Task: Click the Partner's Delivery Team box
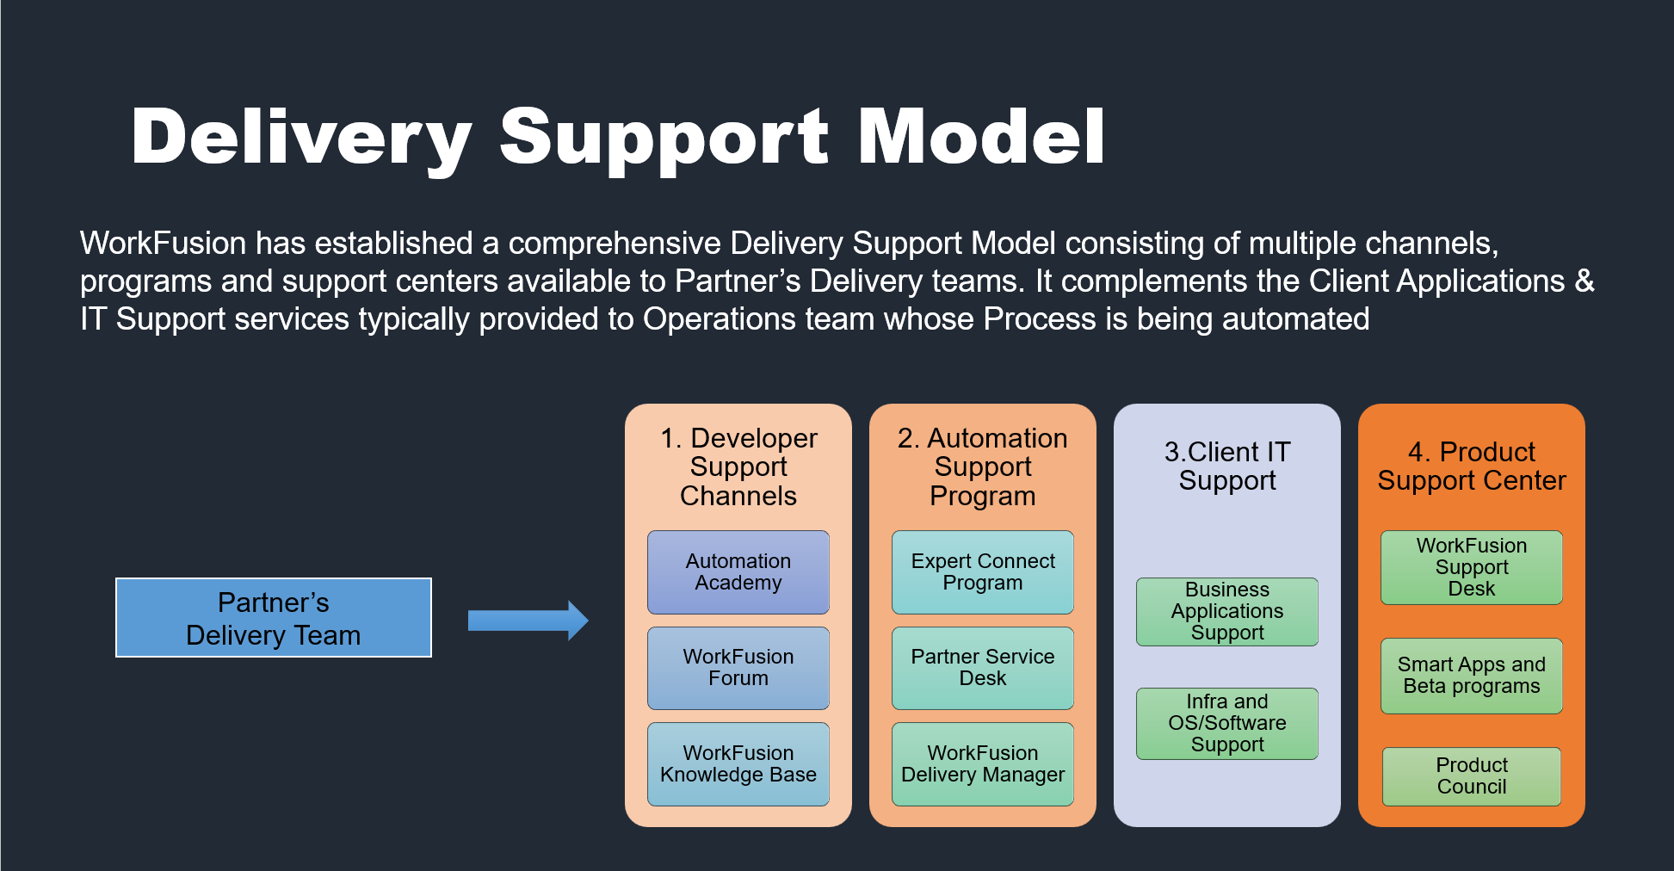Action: pos(274,618)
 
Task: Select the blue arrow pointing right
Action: pos(528,621)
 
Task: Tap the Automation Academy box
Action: pos(738,572)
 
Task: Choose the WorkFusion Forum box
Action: pos(738,668)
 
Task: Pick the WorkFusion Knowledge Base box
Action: pos(738,764)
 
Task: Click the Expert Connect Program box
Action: pos(983,572)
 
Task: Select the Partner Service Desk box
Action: pos(983,668)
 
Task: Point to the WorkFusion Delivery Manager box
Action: pos(983,764)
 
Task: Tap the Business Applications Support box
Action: pos(1227,612)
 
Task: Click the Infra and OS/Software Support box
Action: pos(1227,724)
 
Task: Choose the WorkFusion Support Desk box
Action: pos(1472,567)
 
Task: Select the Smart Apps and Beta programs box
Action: pos(1472,676)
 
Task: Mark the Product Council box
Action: pos(1472,776)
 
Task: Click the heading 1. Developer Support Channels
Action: pos(738,467)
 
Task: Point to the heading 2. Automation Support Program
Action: pos(983,467)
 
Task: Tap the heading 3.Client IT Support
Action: pos(1227,466)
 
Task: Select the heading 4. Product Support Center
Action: pos(1472,466)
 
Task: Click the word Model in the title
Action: pos(982,136)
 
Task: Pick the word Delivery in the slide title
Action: pos(302,139)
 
